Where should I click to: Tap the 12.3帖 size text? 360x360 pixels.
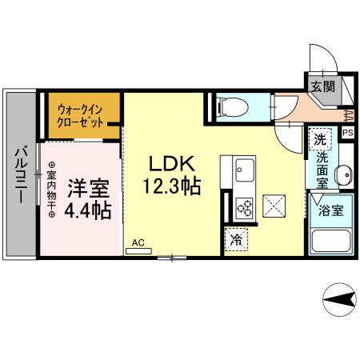pos(171,187)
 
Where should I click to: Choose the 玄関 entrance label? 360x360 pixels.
pos(322,85)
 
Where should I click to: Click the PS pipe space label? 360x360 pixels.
pos(348,134)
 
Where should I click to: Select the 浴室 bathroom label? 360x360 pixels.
pos(331,211)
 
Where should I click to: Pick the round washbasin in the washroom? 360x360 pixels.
pos(344,174)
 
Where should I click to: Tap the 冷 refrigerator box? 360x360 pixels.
pos(237,238)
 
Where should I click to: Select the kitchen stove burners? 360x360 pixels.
pos(242,208)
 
